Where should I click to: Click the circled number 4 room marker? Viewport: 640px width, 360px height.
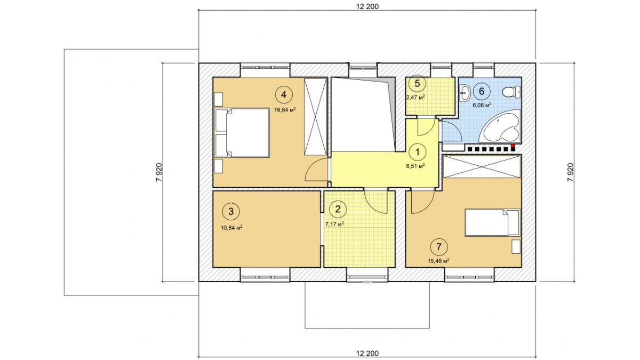pyautogui.click(x=284, y=94)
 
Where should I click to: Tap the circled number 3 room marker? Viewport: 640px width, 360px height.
pyautogui.click(x=231, y=212)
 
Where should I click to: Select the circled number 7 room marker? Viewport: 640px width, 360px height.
pyautogui.click(x=439, y=246)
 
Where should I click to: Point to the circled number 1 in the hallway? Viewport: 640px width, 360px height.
pyautogui.click(x=418, y=153)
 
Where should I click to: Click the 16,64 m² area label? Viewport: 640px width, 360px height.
pyautogui.click(x=285, y=110)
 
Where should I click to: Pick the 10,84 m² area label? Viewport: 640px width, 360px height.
pyautogui.click(x=231, y=228)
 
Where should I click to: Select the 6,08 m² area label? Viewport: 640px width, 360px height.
pyautogui.click(x=482, y=105)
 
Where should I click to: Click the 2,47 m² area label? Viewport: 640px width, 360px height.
pyautogui.click(x=415, y=97)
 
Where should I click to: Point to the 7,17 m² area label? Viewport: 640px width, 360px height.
pyautogui.click(x=334, y=224)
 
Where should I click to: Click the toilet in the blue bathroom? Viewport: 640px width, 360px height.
pyautogui.click(x=511, y=92)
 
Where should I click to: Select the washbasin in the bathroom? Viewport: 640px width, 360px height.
pyautogui.click(x=465, y=93)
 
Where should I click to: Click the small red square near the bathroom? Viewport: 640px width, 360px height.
pyautogui.click(x=513, y=146)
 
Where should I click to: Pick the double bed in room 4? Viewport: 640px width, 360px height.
pyautogui.click(x=242, y=133)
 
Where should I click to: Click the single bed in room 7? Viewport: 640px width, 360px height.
pyautogui.click(x=492, y=223)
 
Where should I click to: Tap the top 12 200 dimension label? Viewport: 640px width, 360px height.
pyautogui.click(x=367, y=6)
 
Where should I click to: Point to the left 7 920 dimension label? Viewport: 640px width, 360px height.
pyautogui.click(x=159, y=172)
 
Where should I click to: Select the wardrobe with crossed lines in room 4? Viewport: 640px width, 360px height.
pyautogui.click(x=315, y=117)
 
